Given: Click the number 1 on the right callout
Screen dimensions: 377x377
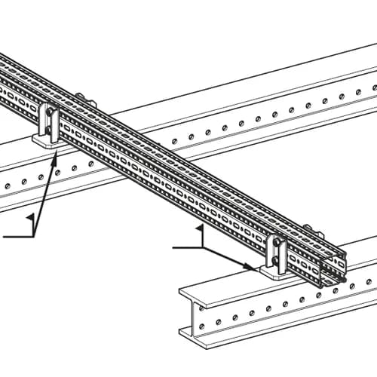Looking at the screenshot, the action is (201, 235).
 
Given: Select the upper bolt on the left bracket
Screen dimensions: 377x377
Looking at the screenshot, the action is (51, 111).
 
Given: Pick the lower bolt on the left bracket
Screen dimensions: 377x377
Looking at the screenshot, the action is (49, 130).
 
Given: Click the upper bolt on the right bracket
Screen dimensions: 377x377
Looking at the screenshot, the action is (277, 242).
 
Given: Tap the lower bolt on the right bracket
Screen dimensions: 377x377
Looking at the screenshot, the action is (275, 261).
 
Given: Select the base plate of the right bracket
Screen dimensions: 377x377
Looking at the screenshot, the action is (274, 274).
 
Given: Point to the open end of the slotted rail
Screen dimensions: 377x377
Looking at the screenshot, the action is (334, 270).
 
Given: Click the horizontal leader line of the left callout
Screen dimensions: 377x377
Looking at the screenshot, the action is (18, 237).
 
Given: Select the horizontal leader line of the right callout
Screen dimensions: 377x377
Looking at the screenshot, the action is (188, 248).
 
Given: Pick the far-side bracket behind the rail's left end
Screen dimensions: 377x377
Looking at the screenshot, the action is (86, 100).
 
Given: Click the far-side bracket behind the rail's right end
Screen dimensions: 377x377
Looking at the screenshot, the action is (314, 231).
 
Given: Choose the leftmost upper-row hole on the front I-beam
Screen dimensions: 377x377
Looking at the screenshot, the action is (201, 308).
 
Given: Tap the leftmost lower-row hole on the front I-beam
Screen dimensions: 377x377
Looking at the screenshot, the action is (201, 326).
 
